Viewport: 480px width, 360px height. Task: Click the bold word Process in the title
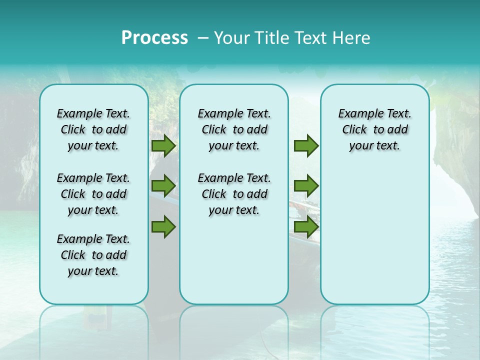pos(154,37)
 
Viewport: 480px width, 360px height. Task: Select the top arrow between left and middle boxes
pos(163,146)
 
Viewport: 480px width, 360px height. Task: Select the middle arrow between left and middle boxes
pos(163,186)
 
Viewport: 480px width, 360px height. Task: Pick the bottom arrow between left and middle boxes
pos(163,226)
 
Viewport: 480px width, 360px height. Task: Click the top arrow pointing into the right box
pos(306,146)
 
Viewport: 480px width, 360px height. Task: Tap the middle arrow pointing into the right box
pos(306,186)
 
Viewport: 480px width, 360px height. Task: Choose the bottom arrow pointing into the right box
pos(306,226)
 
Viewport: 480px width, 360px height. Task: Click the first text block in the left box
pos(93,129)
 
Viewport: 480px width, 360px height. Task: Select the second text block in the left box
pos(93,194)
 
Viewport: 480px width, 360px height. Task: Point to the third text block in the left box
pos(93,255)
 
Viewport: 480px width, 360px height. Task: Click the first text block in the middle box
pos(234,129)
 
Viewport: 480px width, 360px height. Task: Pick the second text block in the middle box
pos(234,194)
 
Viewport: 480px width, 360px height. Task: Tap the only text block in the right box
pos(374,129)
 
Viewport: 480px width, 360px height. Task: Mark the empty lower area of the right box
pos(374,230)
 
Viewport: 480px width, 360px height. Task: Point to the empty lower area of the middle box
pos(234,260)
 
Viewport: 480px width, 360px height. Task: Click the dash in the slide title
pos(203,38)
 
